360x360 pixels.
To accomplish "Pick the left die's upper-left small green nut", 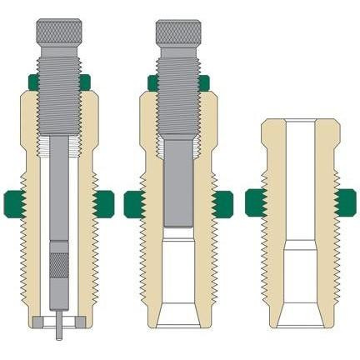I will click(31, 82).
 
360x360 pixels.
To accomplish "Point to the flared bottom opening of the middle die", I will click(182, 312).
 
